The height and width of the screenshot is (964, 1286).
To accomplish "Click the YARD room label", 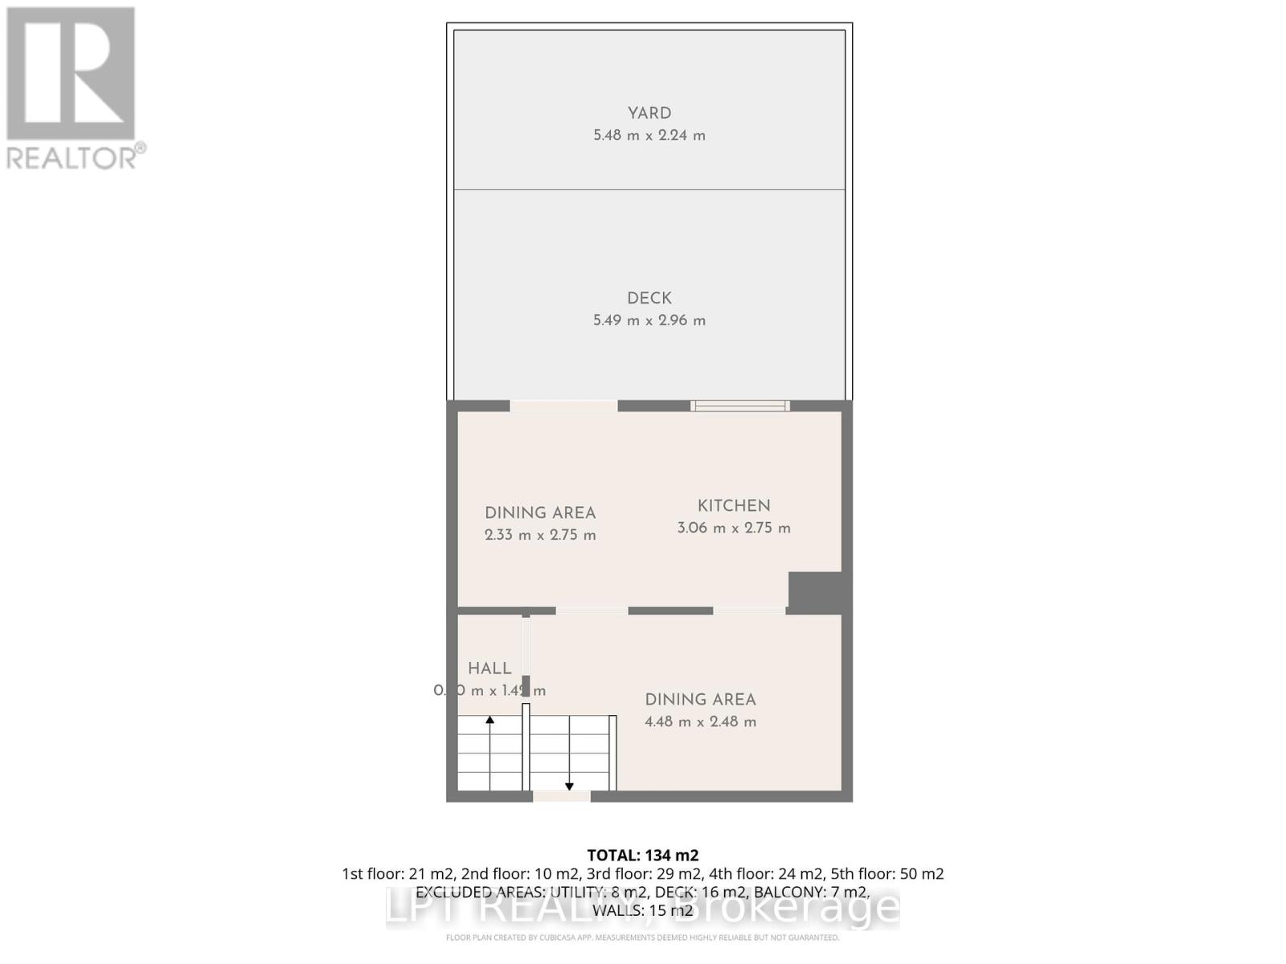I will [649, 113].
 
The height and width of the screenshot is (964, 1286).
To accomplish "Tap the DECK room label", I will [649, 298].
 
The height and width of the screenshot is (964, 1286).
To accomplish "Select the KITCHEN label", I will [733, 505].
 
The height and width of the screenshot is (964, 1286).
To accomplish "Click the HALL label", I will [489, 668].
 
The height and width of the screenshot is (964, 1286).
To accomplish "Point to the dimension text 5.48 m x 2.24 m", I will [649, 136].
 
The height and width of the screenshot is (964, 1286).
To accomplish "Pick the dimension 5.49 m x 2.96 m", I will [649, 321].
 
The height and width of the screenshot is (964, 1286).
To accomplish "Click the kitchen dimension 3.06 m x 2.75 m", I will [733, 528].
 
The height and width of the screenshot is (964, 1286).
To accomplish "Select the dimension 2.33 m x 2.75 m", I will [540, 535].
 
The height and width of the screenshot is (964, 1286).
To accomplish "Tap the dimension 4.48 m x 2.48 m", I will [700, 721].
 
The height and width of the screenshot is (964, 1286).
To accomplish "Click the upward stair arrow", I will [489, 721].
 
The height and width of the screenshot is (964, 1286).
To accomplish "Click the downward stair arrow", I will [569, 786].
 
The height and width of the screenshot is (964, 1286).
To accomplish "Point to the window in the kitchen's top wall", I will [739, 406].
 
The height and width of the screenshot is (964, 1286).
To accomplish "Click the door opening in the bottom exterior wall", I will [561, 796].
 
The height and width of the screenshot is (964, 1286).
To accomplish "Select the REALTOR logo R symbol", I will [71, 74].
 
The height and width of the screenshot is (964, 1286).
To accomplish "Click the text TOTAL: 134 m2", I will [642, 855].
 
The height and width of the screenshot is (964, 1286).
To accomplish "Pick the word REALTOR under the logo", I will [72, 157].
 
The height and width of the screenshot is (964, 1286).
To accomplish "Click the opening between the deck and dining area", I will [563, 406].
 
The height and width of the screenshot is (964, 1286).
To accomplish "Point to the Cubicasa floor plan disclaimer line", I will [642, 937].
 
